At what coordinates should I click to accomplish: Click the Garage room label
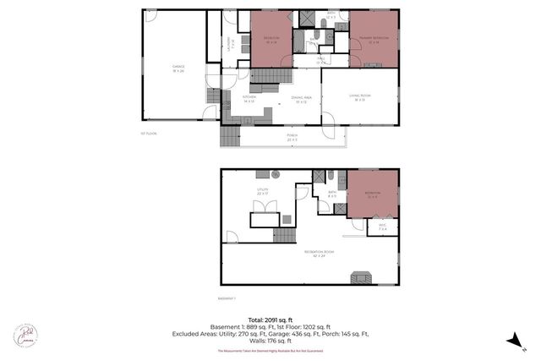tap(178, 67)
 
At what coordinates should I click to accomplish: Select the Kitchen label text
tap(249, 100)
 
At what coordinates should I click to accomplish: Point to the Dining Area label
tap(303, 100)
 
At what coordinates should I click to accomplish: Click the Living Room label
tap(358, 100)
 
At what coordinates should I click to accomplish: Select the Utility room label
tap(263, 192)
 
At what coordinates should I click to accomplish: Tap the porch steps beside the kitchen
tap(229, 134)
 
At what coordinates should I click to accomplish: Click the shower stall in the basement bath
tap(320, 176)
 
